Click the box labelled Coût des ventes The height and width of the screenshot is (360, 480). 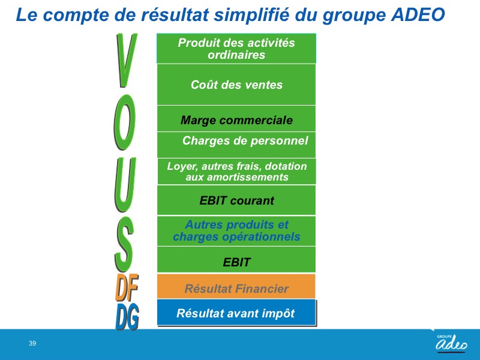click(x=236, y=85)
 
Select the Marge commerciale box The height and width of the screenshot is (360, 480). click(x=236, y=119)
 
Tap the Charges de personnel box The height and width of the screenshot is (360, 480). click(x=236, y=145)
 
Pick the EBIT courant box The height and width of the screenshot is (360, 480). click(x=236, y=200)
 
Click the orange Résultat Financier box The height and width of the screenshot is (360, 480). click(x=236, y=286)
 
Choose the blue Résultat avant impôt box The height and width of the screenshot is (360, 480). click(x=236, y=312)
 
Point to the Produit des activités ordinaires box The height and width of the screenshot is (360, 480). click(x=236, y=49)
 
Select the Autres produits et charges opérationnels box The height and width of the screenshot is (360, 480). click(x=236, y=231)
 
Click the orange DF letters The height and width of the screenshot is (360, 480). click(x=127, y=287)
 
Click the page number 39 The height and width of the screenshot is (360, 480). click(x=32, y=343)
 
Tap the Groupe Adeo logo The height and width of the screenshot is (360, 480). click(x=452, y=342)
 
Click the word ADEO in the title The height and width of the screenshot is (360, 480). click(x=418, y=14)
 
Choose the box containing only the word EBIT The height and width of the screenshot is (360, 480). click(x=236, y=260)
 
